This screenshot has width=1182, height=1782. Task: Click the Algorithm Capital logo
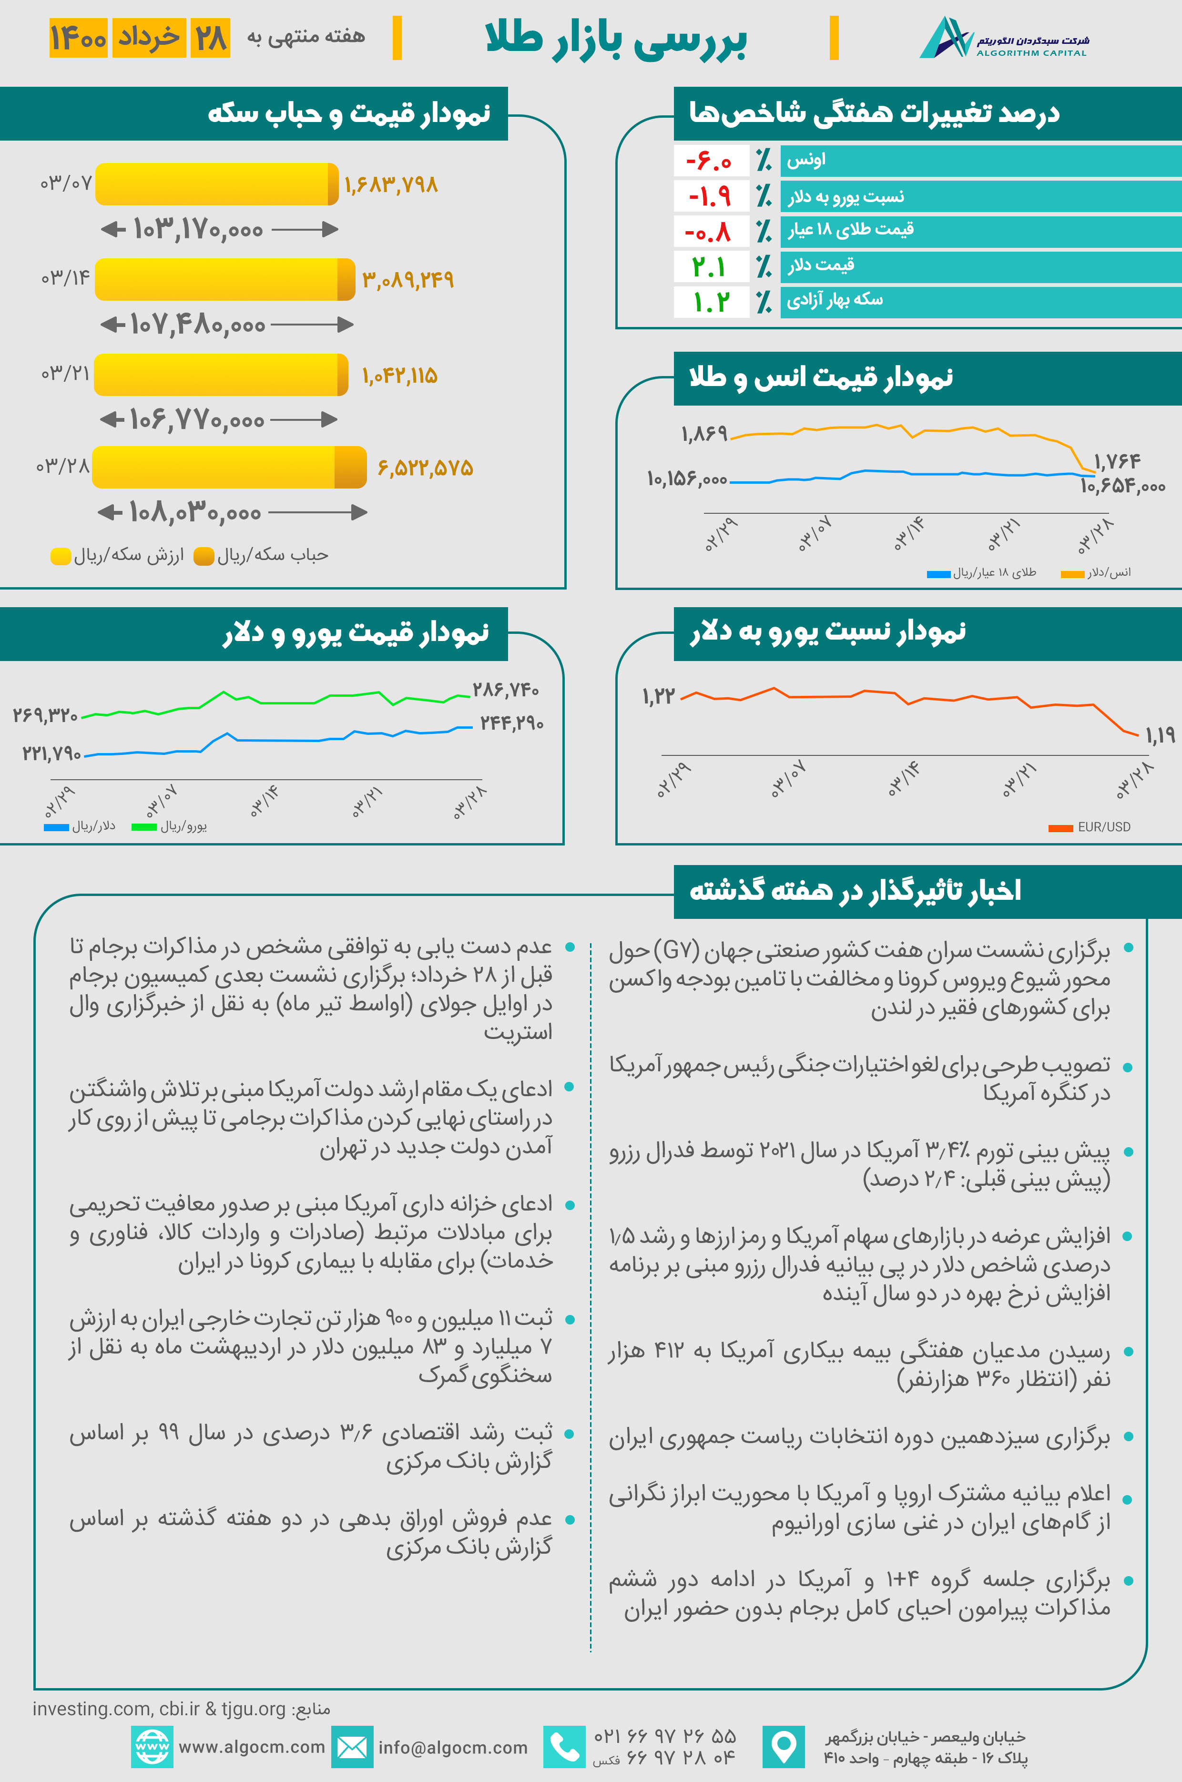click(x=1003, y=38)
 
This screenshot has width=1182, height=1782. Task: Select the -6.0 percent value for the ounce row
click(x=709, y=161)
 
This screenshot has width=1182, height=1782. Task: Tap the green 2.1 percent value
click(x=709, y=267)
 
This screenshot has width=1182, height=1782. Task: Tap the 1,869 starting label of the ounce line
click(x=704, y=433)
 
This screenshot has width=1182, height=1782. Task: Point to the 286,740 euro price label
click(x=505, y=690)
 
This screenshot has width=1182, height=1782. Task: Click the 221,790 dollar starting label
click(x=51, y=753)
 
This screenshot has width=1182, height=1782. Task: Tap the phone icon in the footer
click(x=564, y=1747)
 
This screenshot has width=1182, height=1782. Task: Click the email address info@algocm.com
click(x=452, y=1747)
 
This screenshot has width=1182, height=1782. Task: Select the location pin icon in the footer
click(x=783, y=1747)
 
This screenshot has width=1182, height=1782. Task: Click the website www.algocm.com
click(x=252, y=1747)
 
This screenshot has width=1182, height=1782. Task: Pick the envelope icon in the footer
click(x=352, y=1747)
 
